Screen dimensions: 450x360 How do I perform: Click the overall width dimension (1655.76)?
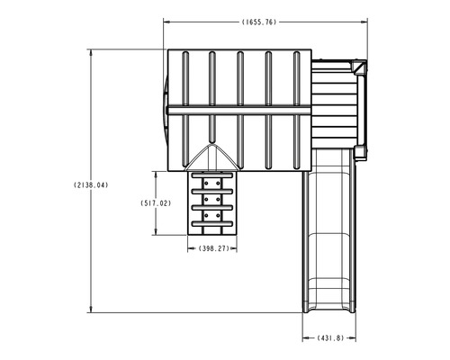tap(259, 22)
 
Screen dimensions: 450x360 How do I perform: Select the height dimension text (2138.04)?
tap(91, 185)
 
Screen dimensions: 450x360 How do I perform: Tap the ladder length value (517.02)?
tap(156, 203)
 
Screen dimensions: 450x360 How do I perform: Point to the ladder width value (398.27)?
tap(213, 248)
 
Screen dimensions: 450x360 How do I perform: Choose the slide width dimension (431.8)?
tap(330, 338)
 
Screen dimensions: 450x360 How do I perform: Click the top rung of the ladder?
tap(212, 175)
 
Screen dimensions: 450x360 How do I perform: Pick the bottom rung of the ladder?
tap(212, 224)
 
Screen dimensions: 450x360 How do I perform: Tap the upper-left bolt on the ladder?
tap(206, 183)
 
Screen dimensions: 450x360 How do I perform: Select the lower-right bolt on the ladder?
tap(218, 215)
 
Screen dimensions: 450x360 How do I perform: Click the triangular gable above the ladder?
tap(212, 158)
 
